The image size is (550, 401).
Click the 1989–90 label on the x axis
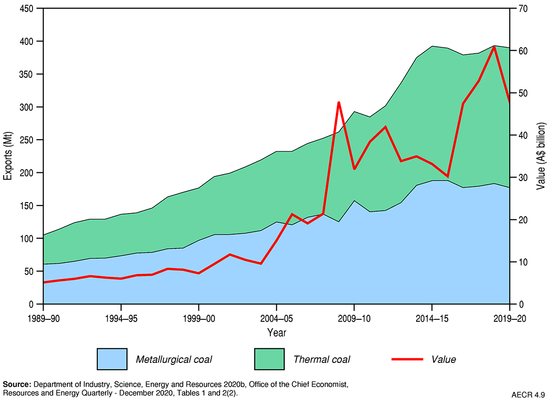43,318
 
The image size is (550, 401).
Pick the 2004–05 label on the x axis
276,318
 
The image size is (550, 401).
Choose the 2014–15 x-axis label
432,318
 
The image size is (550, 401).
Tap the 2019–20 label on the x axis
509,318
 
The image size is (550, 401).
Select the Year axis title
276,331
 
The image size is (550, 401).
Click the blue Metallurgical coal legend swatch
111,359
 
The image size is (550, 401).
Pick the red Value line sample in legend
407,359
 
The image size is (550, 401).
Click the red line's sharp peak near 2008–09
338,102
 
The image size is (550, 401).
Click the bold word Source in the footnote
16,384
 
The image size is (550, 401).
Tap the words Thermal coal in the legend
322,359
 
